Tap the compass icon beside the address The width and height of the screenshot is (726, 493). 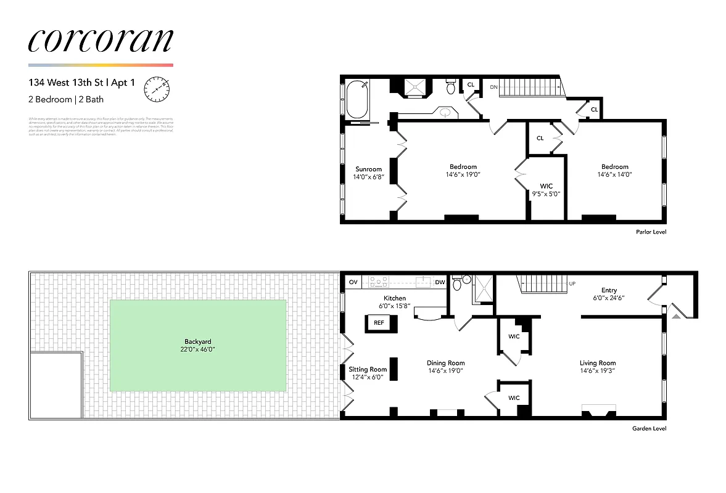point(156,89)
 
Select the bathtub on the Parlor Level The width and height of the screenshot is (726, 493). point(357,100)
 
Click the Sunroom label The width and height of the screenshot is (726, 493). point(369,169)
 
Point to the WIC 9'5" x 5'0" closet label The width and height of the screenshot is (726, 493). point(546,185)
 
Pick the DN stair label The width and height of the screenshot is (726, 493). point(493,88)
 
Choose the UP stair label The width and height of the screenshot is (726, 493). point(572,283)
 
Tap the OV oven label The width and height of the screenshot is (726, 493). point(353,282)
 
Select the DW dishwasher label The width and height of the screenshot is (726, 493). point(440,282)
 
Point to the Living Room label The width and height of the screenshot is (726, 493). point(597,363)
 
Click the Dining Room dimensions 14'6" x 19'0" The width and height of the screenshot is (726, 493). point(446,371)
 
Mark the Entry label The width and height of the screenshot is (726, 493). point(609,291)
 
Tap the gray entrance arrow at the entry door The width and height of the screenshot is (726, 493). point(676,316)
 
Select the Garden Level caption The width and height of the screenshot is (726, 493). point(649,429)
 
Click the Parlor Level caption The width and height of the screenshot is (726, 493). point(651,232)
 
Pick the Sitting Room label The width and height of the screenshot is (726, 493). point(368,370)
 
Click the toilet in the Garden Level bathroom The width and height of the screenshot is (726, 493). point(458,283)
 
